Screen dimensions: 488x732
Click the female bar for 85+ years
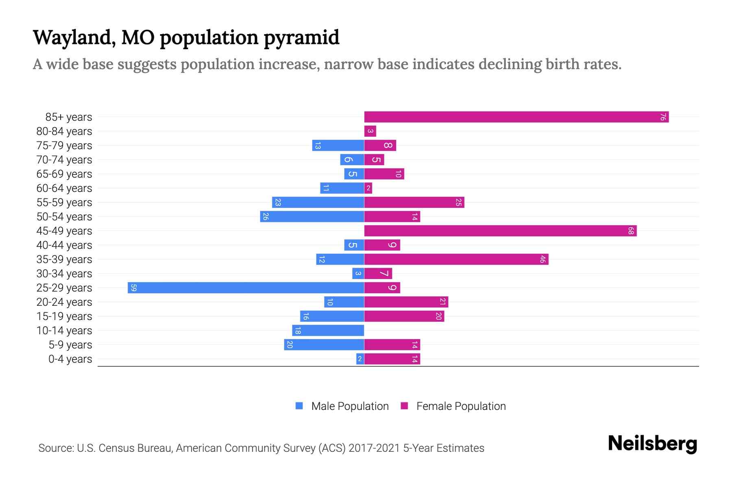tap(516, 117)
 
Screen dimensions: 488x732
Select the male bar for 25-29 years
tap(246, 288)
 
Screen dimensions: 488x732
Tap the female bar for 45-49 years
tap(500, 231)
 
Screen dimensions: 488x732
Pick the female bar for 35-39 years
tap(456, 259)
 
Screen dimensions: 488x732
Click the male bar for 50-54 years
tap(312, 217)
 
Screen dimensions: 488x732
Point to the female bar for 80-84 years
tap(370, 131)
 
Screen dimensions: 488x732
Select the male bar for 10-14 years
tap(328, 331)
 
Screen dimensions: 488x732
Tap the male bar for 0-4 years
tap(360, 359)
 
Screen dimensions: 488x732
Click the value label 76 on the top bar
tap(663, 117)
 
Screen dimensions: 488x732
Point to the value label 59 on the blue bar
tap(133, 288)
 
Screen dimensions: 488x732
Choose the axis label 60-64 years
tap(64, 188)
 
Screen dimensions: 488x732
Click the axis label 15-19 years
tap(64, 316)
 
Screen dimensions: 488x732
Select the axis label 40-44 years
tap(64, 245)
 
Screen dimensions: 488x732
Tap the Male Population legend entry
tap(350, 406)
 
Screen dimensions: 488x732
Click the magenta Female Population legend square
tap(404, 406)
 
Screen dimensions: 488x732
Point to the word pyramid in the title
tap(301, 38)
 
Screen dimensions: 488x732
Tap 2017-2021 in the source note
tap(374, 448)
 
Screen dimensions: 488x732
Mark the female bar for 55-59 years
tap(414, 203)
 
